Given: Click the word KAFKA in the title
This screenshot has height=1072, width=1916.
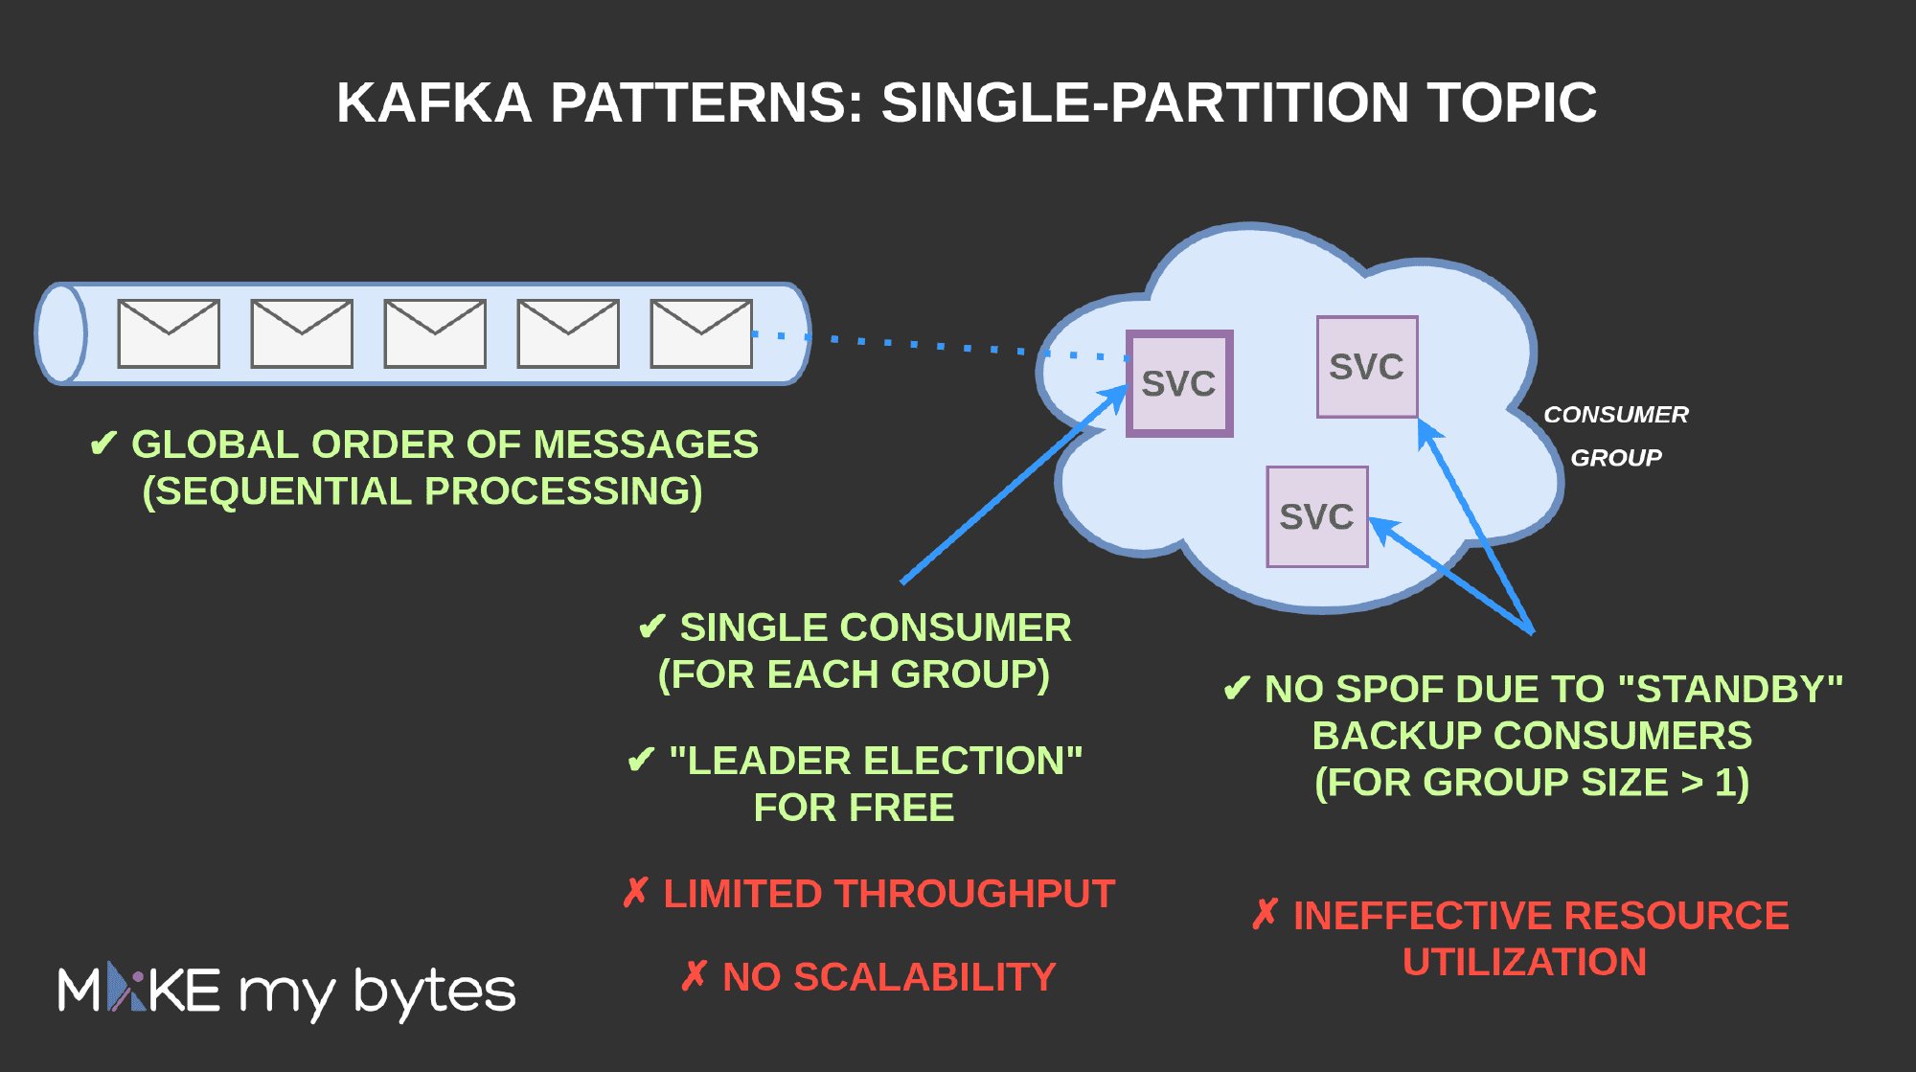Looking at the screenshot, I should tap(434, 103).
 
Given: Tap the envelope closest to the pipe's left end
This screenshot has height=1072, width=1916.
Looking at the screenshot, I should tap(169, 333).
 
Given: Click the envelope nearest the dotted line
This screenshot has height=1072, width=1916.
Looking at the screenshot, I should tap(701, 333).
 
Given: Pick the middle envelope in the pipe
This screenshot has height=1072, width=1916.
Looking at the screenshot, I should tap(435, 333).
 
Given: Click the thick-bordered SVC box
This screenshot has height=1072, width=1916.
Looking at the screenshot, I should tap(1178, 383).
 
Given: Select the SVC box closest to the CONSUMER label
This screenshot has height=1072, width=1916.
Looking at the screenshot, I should tap(1367, 367).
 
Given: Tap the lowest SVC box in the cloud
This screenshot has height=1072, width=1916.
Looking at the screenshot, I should tap(1316, 517).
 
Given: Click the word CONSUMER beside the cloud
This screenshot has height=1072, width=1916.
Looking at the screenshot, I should tap(1615, 415).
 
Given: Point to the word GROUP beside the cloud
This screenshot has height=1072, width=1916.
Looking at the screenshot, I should tap(1615, 458).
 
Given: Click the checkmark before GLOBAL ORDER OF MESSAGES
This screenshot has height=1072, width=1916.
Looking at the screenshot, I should tap(103, 445).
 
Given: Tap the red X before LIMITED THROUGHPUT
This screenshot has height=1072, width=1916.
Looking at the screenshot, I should tap(635, 893).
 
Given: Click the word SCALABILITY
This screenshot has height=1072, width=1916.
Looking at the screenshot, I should tap(924, 977).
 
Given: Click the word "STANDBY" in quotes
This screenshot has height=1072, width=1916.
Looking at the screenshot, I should tap(1729, 690).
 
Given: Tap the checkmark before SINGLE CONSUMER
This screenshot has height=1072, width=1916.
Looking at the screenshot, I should tap(651, 628).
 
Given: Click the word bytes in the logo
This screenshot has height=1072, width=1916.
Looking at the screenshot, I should tap(434, 992).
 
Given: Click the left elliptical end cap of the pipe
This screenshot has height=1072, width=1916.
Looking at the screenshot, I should tap(60, 333).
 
